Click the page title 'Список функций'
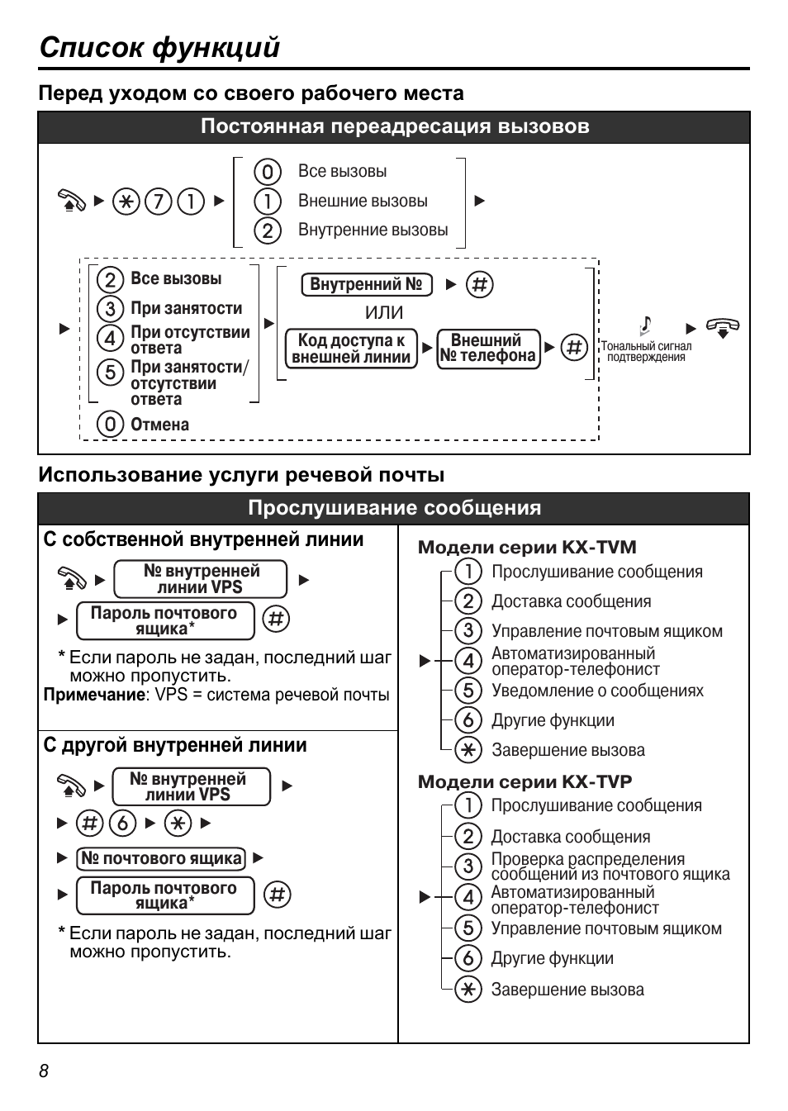[159, 47]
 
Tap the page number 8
[44, 1071]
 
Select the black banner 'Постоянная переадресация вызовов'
[394, 127]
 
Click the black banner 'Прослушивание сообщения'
[394, 508]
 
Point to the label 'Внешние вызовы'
[363, 201]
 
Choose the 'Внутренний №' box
[366, 285]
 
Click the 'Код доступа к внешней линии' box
[351, 349]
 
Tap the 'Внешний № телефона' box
[488, 349]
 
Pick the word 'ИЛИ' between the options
[384, 313]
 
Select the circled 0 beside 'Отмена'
[109, 425]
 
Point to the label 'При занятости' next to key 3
[187, 308]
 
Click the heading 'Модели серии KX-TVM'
[527, 547]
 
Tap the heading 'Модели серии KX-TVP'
[525, 781]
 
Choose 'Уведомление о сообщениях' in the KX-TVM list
[597, 691]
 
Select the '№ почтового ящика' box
[161, 858]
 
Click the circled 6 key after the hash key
[123, 823]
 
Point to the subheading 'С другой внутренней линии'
[175, 745]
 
